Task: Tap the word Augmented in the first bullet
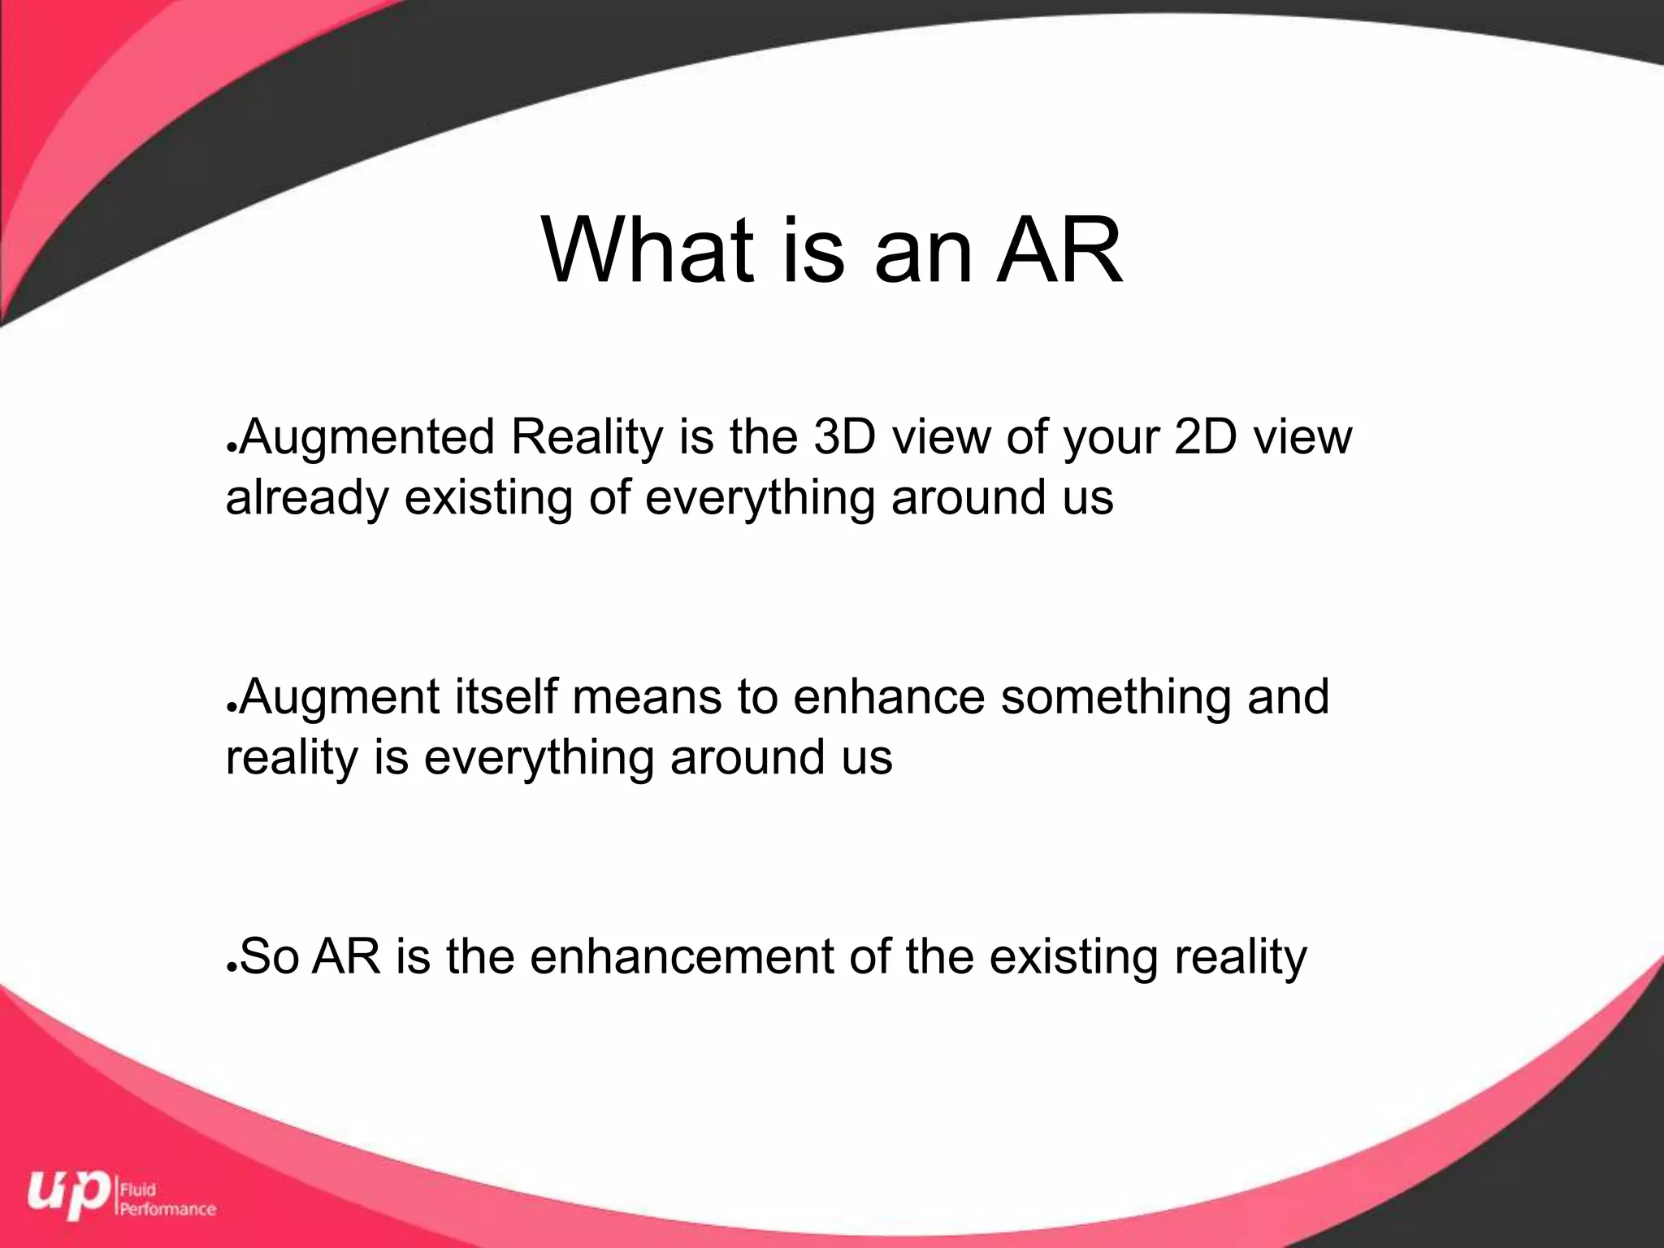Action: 367,437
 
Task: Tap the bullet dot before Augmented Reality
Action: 232,448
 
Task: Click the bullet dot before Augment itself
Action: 232,708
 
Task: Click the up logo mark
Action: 69,1194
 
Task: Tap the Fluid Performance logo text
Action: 167,1199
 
